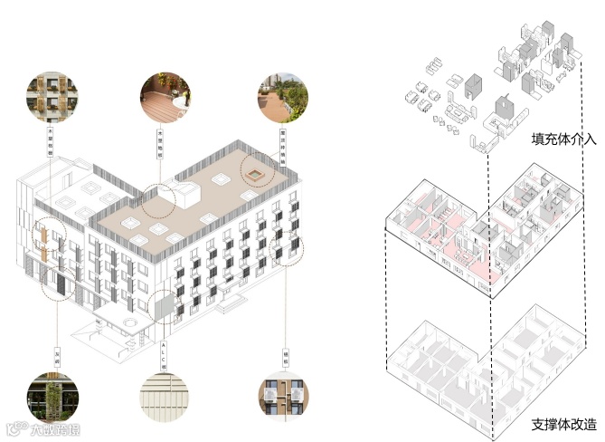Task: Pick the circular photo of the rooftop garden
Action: pyautogui.click(x=281, y=97)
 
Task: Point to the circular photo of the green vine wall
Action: pyautogui.click(x=51, y=395)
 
